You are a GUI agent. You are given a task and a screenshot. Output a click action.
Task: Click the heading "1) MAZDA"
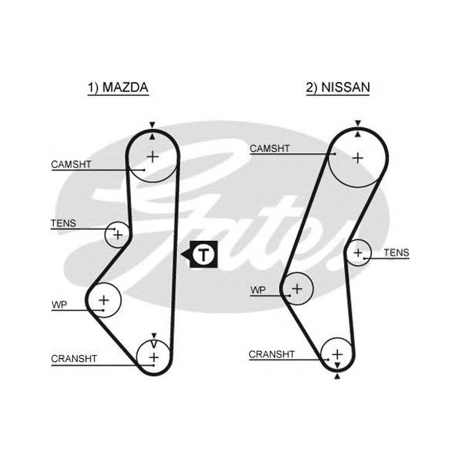tap(117, 88)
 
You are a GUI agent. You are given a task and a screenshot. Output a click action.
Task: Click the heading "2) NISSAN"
tap(337, 88)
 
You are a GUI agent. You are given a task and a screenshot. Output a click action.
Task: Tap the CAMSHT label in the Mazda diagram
tap(71, 164)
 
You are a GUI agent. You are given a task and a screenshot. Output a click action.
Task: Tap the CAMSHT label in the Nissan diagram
tap(270, 149)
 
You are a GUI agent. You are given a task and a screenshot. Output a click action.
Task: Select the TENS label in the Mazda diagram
tap(64, 224)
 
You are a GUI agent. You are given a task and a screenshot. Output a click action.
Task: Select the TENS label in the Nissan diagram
tap(396, 252)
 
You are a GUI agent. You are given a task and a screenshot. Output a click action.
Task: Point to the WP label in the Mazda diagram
tap(59, 305)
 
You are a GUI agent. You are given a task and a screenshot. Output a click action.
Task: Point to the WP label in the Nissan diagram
tap(258, 291)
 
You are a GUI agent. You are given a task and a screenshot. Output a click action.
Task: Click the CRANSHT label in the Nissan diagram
tap(271, 354)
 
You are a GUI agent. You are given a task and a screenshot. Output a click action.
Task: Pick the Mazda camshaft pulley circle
tap(152, 157)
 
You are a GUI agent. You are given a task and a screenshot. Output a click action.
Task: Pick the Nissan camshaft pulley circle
tap(357, 157)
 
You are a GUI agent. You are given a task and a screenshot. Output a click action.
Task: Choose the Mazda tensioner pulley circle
tap(117, 233)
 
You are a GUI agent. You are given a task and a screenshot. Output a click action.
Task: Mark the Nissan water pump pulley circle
tap(297, 288)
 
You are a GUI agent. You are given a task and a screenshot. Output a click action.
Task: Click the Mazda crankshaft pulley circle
tap(153, 356)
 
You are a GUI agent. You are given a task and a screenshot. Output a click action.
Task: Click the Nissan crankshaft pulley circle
tap(337, 354)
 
